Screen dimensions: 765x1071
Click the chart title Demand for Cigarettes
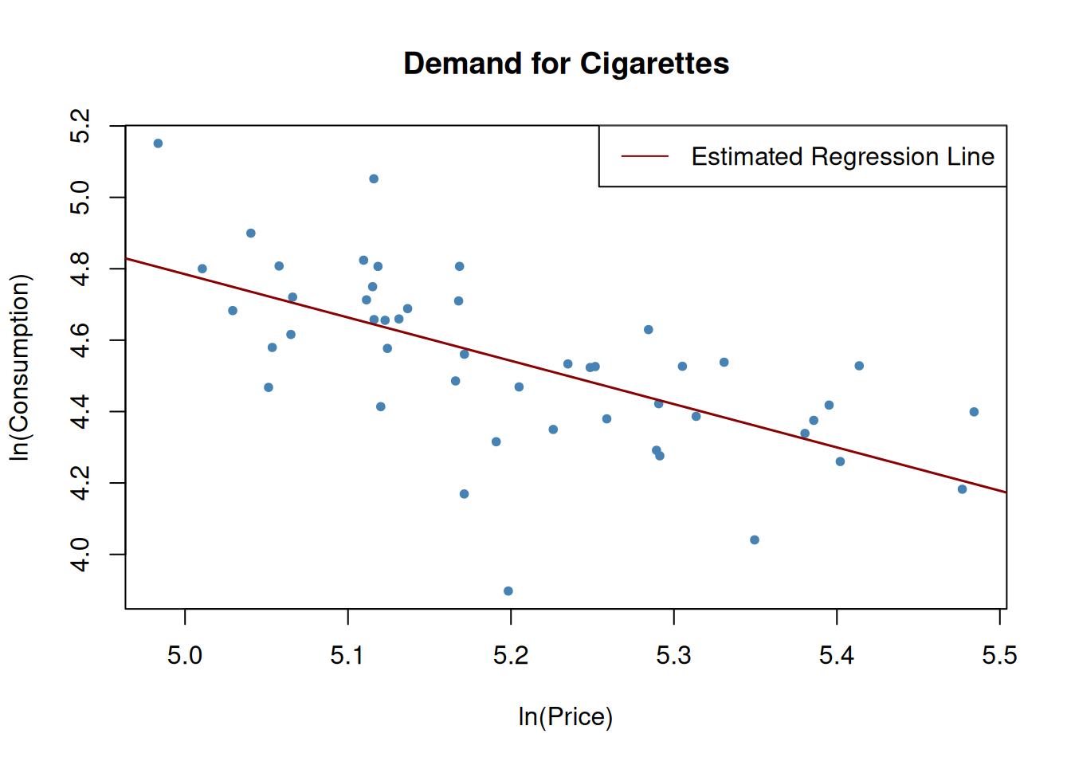pos(566,64)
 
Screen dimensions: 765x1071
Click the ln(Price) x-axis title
pos(565,716)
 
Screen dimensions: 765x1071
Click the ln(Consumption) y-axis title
pos(19,367)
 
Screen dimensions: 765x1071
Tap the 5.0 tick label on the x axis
pos(185,656)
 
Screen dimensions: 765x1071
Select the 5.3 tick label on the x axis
pos(673,656)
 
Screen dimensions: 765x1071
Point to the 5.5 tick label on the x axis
pos(999,656)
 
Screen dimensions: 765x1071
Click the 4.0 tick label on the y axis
pos(80,555)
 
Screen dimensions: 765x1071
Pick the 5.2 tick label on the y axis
pos(80,126)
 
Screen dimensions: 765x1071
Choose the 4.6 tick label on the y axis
pos(80,340)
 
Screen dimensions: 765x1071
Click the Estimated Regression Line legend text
pos(842,157)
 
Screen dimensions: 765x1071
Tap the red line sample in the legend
pos(645,156)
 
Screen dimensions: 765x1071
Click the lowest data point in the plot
pos(508,591)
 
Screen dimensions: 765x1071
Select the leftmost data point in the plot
pos(158,143)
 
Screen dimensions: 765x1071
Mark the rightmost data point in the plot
pos(974,412)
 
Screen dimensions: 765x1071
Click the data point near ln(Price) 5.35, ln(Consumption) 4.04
pos(755,540)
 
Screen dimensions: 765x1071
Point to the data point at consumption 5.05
pos(374,179)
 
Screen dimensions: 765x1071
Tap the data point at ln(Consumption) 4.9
pos(251,233)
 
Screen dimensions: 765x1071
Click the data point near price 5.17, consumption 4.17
pos(465,494)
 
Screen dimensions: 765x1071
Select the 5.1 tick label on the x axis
pos(347,656)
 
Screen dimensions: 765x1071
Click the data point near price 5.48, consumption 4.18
pos(962,489)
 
